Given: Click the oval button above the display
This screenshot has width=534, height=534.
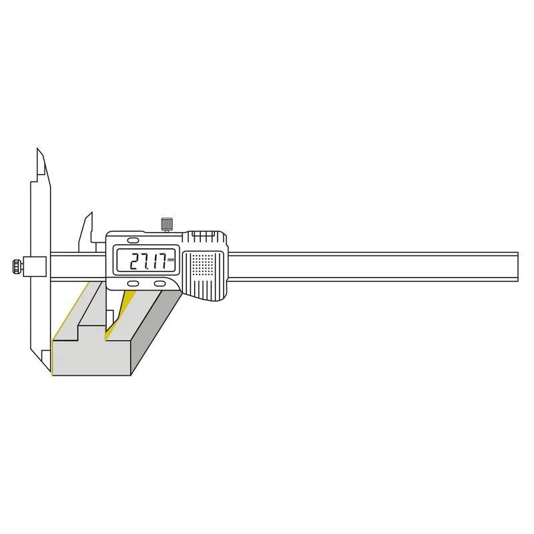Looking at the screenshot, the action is pyautogui.click(x=133, y=240).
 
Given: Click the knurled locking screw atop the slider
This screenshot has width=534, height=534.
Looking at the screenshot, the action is pyautogui.click(x=166, y=224).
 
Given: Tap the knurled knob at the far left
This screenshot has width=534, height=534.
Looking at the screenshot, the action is pyautogui.click(x=16, y=266).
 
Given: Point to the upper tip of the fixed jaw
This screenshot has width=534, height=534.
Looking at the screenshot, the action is pyautogui.click(x=37, y=148).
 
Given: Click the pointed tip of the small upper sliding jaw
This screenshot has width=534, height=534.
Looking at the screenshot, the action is pyautogui.click(x=91, y=213).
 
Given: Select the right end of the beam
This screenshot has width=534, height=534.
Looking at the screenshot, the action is pyautogui.click(x=518, y=266).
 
